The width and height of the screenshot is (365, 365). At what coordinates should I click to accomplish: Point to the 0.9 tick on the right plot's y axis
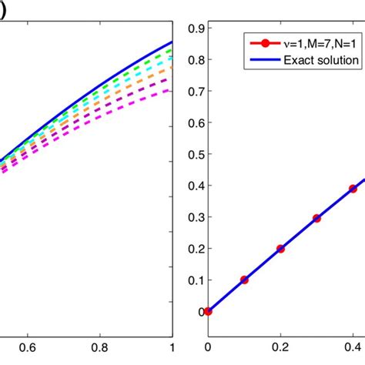(185, 28)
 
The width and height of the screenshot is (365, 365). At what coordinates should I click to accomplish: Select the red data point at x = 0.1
(244, 280)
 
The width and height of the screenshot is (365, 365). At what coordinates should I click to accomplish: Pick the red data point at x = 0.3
(316, 219)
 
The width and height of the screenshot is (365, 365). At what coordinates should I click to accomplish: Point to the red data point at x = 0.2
(280, 249)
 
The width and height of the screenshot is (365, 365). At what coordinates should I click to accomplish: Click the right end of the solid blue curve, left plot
(172, 42)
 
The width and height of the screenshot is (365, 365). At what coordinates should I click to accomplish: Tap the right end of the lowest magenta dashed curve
(172, 93)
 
